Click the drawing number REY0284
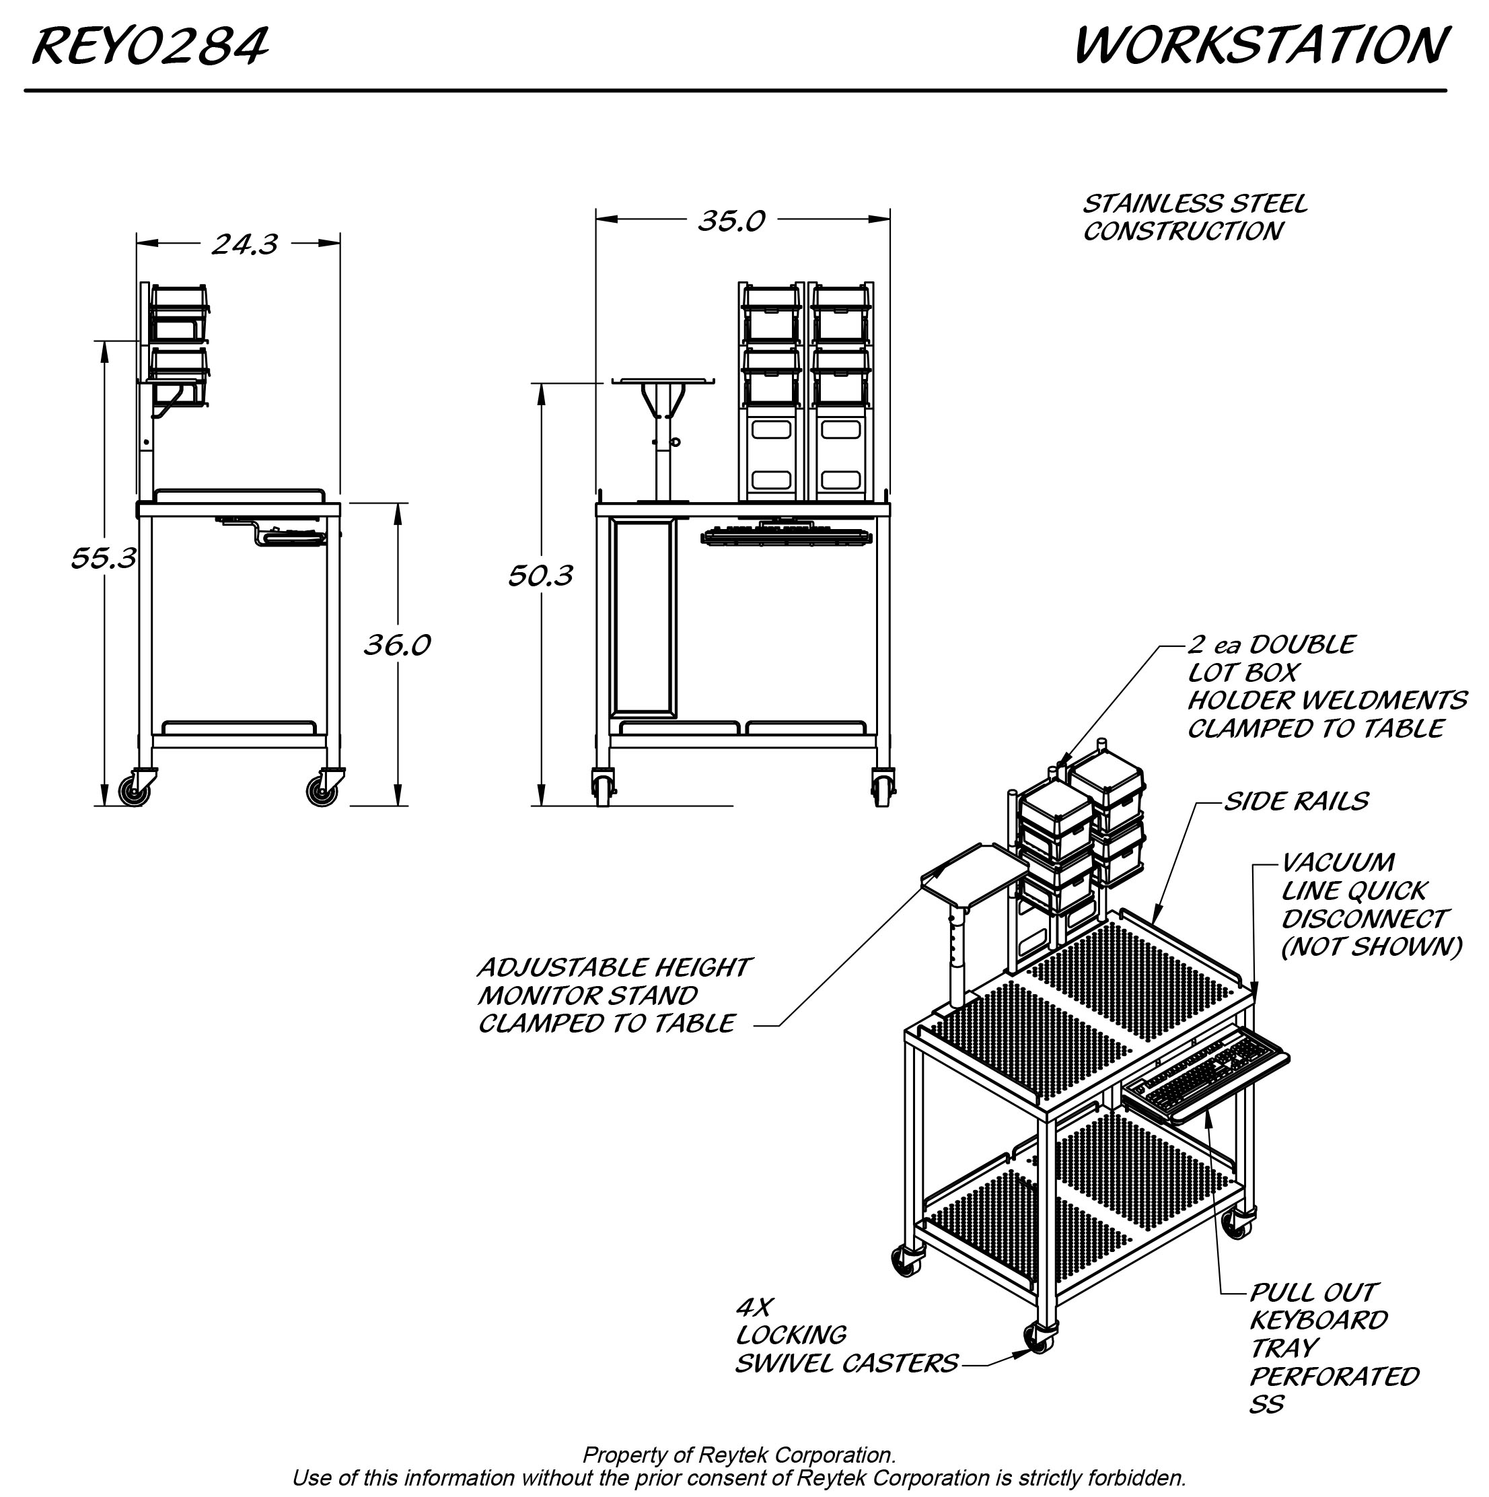(x=149, y=46)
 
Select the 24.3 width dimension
(x=244, y=245)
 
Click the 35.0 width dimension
(x=731, y=221)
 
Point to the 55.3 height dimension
(x=103, y=558)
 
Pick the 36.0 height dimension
(x=397, y=645)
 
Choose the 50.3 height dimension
(x=540, y=576)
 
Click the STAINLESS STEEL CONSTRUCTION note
(x=1193, y=217)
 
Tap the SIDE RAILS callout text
(x=1295, y=801)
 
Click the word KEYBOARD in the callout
(x=1319, y=1321)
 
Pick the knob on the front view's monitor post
(x=676, y=442)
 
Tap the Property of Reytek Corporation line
(x=738, y=1455)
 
